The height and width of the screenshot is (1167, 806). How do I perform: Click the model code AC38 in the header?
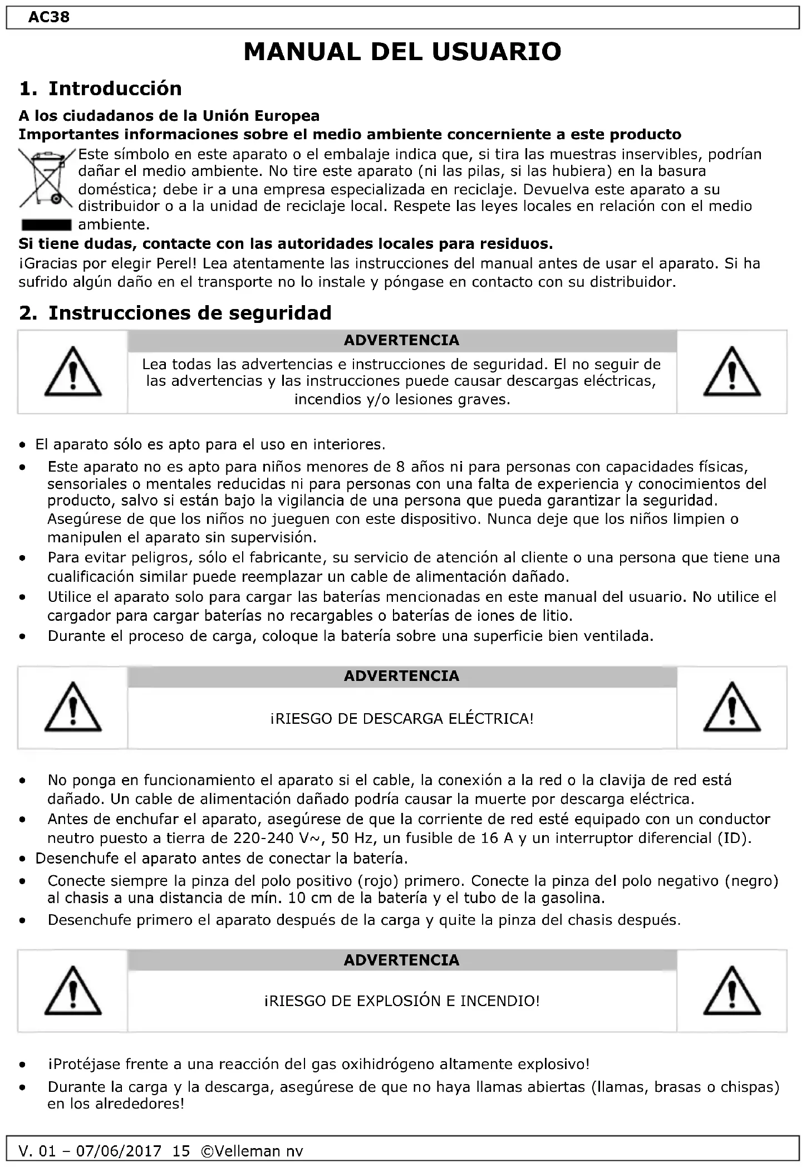coord(49,17)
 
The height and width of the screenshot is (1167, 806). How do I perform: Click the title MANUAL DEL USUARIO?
coord(402,52)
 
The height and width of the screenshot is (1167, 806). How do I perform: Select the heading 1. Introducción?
coord(101,89)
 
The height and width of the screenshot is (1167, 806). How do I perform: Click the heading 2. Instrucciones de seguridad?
coord(175,313)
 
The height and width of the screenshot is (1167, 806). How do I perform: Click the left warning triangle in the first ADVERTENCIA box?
coord(73,372)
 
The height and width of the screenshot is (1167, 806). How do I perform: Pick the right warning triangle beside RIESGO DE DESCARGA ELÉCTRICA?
coord(731,707)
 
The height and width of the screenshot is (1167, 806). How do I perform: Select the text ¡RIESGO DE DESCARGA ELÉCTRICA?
coord(402,719)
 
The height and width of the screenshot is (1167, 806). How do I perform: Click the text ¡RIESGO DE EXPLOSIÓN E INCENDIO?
coord(402,1001)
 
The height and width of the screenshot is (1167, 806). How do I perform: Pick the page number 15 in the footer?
coord(181,1151)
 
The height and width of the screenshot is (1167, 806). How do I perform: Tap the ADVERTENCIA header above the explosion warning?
coord(402,960)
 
